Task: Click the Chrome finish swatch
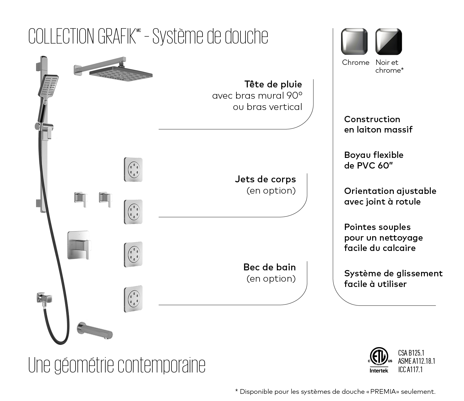354,42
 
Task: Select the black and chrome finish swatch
388,42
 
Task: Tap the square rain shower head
121,74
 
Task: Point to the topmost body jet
133,169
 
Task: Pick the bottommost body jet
133,299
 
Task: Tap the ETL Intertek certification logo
379,360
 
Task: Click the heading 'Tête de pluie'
273,84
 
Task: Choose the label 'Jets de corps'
265,179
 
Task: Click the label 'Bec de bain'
269,267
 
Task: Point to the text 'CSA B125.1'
411,353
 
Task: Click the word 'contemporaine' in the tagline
161,365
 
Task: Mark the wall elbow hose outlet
43,298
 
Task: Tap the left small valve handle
81,199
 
